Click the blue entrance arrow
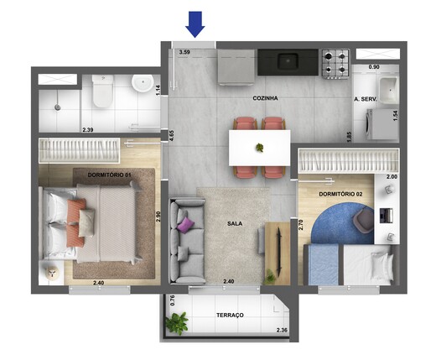[x=195, y=24]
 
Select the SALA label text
[x=235, y=224]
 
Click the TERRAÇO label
[x=229, y=315]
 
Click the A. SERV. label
[x=365, y=99]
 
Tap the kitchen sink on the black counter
[x=288, y=60]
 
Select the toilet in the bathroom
[x=103, y=91]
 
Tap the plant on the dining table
[x=260, y=149]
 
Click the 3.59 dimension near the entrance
[x=187, y=52]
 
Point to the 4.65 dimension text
[x=171, y=137]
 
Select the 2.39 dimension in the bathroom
[x=88, y=130]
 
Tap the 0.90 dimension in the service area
[x=375, y=66]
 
